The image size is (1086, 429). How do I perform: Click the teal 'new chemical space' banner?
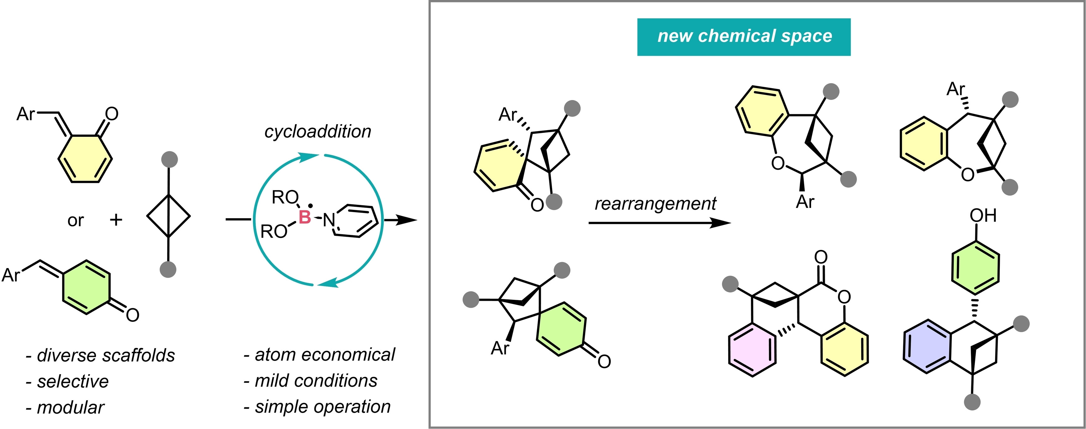(744, 37)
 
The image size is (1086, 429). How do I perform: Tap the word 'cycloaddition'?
(318, 132)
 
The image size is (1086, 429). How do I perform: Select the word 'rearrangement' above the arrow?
(655, 204)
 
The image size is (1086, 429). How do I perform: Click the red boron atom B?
(304, 217)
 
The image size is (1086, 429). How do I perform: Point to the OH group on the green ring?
(983, 215)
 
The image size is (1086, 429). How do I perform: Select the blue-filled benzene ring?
(927, 346)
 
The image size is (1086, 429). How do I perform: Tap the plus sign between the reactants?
(116, 220)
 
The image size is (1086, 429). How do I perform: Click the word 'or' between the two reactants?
(76, 221)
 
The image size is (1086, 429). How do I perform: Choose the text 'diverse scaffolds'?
(105, 355)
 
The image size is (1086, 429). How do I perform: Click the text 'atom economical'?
(324, 355)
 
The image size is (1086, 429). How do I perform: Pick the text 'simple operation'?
(323, 407)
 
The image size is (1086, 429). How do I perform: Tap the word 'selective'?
(72, 381)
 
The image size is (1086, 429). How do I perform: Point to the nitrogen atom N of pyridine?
(329, 220)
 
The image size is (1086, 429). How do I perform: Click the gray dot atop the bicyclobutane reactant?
(169, 159)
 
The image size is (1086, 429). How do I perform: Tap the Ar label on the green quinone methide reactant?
(11, 275)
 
